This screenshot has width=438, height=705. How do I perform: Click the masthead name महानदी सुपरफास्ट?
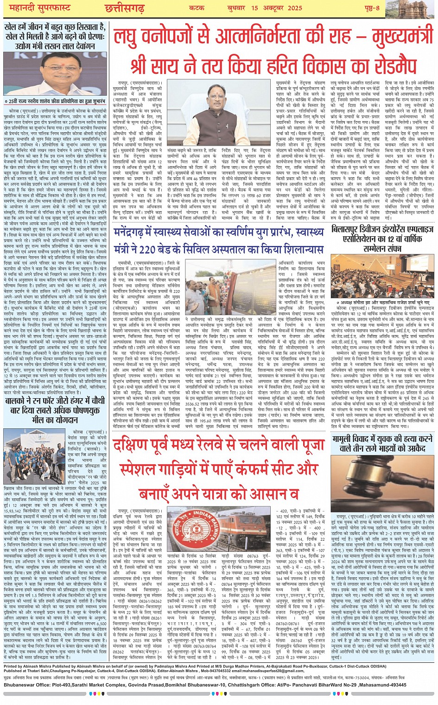[x=35, y=9]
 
